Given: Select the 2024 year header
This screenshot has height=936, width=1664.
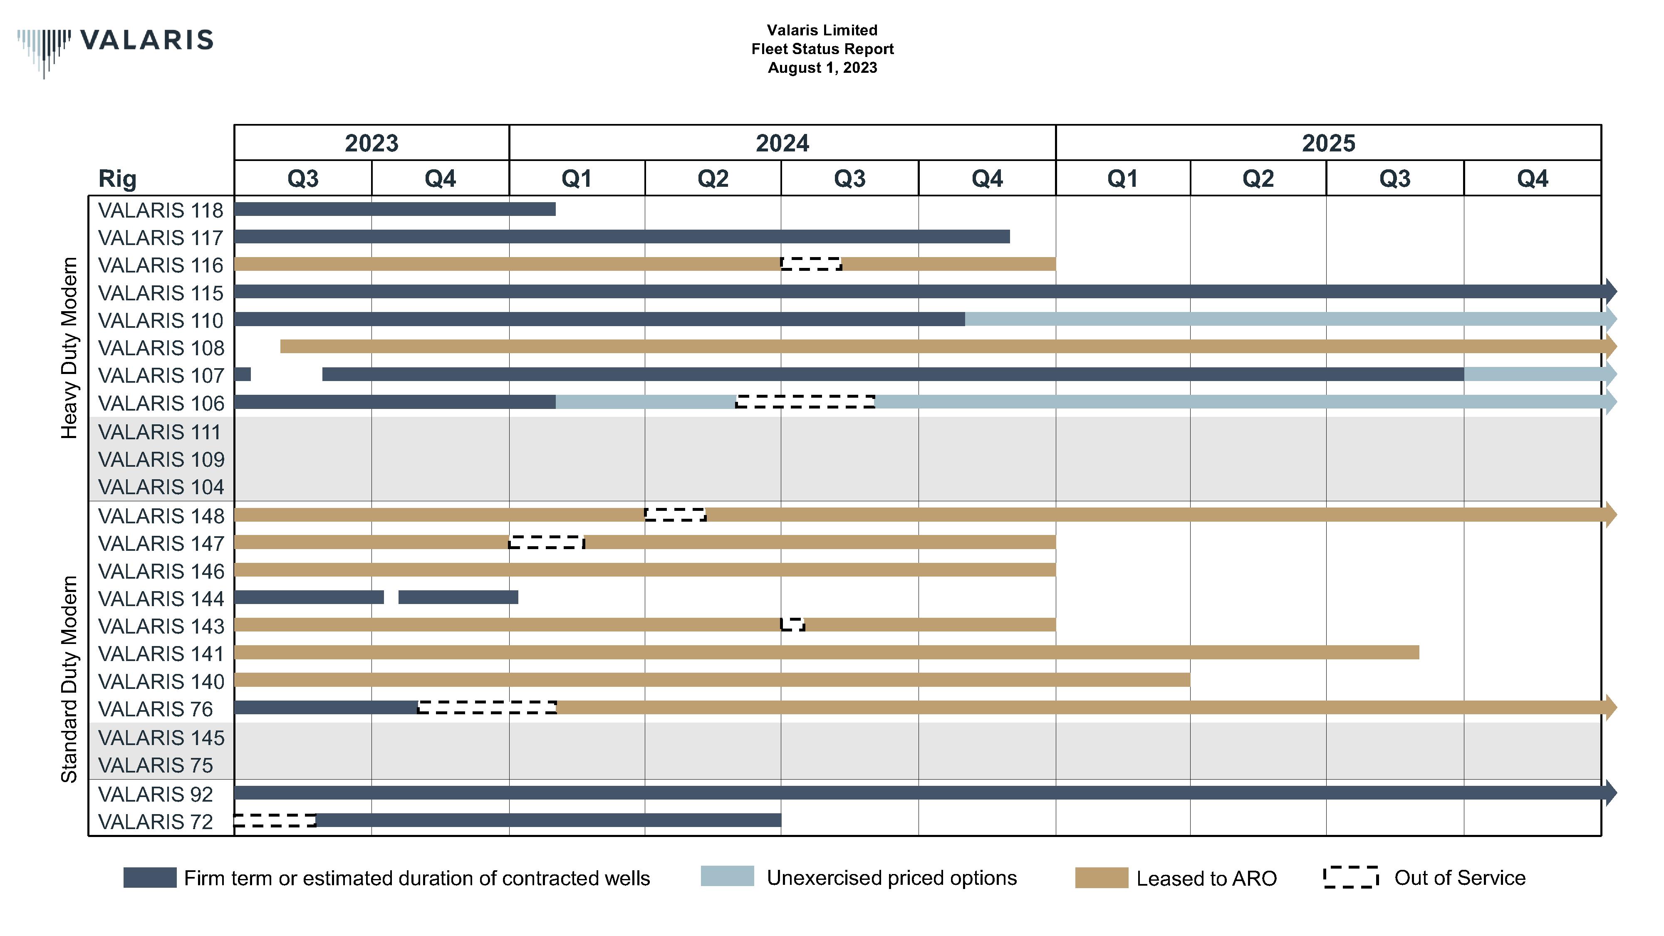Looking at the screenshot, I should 782,143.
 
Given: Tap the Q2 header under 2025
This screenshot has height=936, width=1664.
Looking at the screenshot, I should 1257,178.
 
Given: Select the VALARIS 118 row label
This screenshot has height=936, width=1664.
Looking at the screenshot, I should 160,210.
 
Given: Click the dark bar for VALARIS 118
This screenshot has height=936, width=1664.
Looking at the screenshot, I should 394,209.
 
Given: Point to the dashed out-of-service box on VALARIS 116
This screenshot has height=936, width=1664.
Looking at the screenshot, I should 811,264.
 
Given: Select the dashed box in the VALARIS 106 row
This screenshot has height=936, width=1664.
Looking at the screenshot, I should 805,402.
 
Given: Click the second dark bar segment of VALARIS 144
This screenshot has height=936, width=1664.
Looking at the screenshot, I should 458,597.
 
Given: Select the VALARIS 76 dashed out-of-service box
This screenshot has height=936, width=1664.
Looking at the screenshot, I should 487,707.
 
